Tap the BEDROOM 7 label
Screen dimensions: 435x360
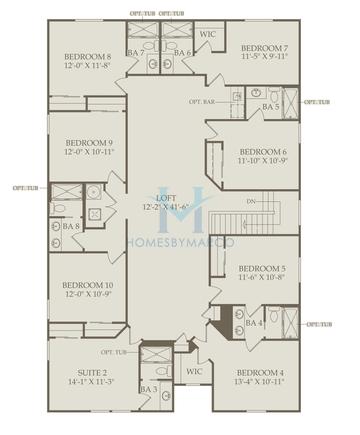(x=264, y=48)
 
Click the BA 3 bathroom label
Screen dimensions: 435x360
(x=148, y=389)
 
